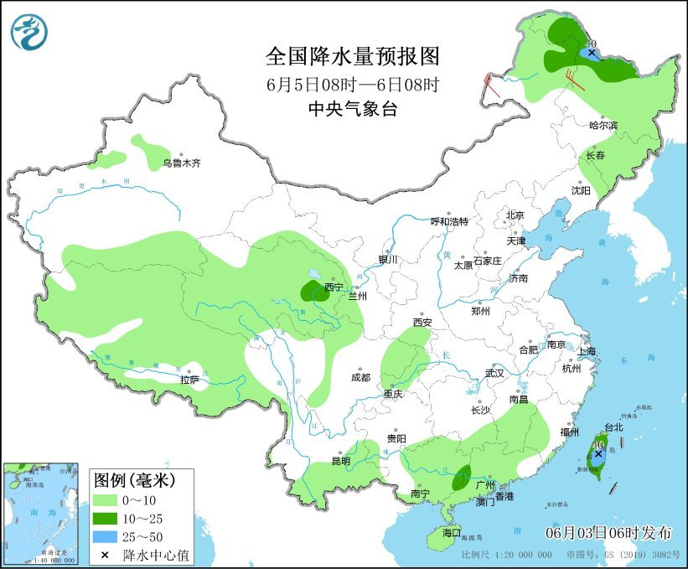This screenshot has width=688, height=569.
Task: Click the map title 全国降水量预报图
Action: coord(352,56)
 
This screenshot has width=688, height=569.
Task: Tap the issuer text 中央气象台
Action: coord(352,108)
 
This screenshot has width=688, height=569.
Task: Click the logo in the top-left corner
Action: coord(29,31)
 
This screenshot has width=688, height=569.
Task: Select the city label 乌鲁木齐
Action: coord(182,163)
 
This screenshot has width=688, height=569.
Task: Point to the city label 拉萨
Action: coord(189,380)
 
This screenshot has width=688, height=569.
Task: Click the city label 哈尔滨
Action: coord(603,126)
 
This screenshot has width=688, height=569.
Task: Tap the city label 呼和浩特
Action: coord(449,221)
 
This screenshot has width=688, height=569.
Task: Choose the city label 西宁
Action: coord(334,287)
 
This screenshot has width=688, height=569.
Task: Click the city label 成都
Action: coord(361,377)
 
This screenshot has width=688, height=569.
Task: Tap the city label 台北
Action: coord(613,427)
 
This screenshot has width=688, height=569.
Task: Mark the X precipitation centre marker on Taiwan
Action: coord(598,454)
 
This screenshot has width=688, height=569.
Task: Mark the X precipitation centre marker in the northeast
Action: coord(592,53)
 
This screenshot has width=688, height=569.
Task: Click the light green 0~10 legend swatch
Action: coord(106,500)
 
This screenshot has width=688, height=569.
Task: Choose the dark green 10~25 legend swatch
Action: coord(106,518)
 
